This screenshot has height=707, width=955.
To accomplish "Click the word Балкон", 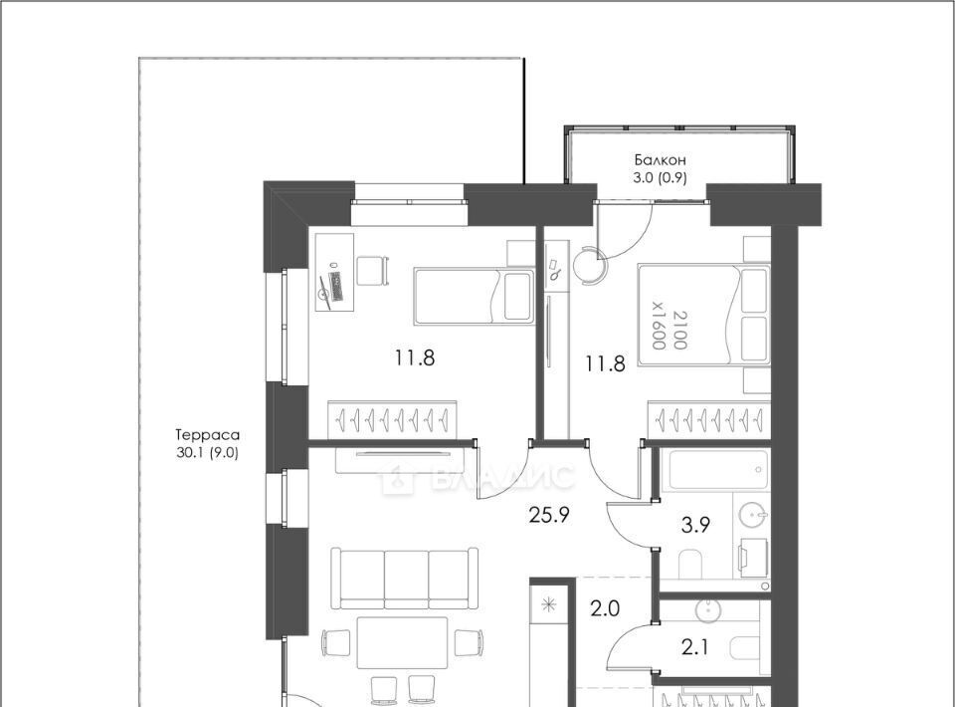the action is [x=661, y=160].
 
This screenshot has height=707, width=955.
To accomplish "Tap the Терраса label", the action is [x=207, y=435].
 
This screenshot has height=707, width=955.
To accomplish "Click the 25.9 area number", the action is [x=549, y=516].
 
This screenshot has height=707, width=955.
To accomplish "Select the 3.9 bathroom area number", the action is [x=695, y=525].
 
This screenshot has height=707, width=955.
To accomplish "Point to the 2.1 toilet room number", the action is [x=695, y=647].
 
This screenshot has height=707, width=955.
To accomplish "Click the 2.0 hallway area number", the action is [x=605, y=608].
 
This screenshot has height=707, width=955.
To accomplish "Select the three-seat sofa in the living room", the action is [x=405, y=578].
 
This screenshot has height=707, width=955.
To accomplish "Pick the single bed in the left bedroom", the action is [x=474, y=296].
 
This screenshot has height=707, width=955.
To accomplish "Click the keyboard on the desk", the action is [x=335, y=287].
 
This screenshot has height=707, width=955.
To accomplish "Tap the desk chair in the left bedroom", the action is [x=372, y=271].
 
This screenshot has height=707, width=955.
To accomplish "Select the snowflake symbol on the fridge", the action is [x=549, y=605].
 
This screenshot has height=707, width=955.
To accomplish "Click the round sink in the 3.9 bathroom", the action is [x=754, y=516].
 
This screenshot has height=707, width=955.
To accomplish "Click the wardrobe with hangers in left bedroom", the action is [x=392, y=418].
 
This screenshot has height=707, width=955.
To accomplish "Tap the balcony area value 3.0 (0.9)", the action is [x=661, y=178].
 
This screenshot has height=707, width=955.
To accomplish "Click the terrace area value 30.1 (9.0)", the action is [x=207, y=453].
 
